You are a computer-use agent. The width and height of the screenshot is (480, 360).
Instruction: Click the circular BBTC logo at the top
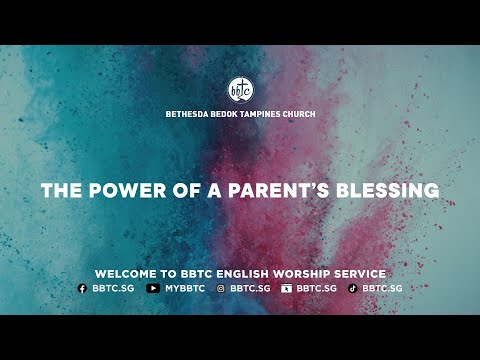(240, 89)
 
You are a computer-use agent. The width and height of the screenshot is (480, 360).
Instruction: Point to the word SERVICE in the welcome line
(361, 273)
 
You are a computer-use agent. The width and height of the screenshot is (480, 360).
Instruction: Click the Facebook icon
(82, 288)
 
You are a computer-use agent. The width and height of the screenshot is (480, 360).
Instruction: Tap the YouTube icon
(152, 288)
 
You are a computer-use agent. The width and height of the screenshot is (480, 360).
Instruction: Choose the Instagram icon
(221, 288)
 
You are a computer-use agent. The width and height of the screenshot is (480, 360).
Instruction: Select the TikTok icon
(353, 288)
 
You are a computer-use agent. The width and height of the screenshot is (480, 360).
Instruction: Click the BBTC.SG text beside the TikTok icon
(382, 288)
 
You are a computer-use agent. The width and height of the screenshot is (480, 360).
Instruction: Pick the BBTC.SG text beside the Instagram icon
(249, 288)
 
